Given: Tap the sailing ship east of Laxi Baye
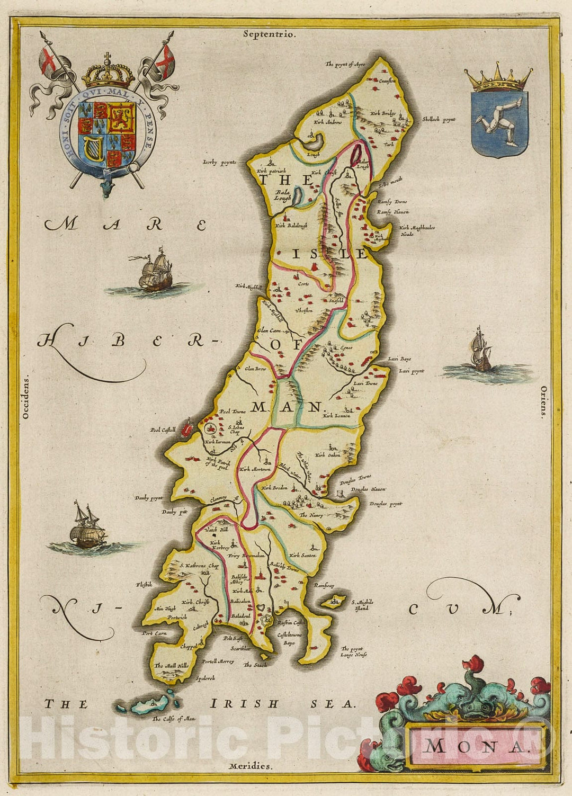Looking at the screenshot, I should pos(481,351).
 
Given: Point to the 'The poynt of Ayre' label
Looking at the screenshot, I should pos(345,64).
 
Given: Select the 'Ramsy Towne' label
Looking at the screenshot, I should pos(392,202).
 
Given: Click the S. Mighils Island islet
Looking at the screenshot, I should pos(334,601).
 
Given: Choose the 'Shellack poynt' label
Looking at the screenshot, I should pos(439,120).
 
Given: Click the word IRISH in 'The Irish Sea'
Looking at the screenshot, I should pos(245,704).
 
